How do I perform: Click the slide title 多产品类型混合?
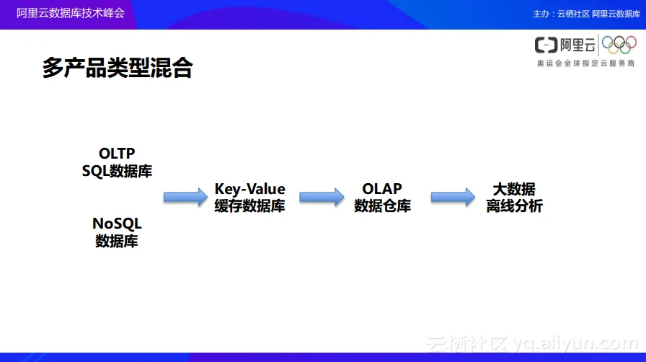(x=118, y=69)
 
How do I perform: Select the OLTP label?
(x=117, y=154)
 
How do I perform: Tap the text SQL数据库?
(x=117, y=171)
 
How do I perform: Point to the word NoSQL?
(x=117, y=224)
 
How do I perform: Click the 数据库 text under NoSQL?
(x=117, y=241)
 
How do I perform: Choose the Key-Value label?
(x=249, y=190)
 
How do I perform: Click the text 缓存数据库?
(x=249, y=206)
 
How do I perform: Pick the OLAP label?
(x=382, y=190)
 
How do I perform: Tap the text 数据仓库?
(x=382, y=206)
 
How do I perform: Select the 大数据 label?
(x=513, y=190)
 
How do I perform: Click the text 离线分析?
(x=513, y=206)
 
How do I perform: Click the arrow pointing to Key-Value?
(x=185, y=197)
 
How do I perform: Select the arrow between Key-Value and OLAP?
(x=322, y=197)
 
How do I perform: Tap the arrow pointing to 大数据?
(x=453, y=197)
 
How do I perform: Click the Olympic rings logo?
(x=619, y=46)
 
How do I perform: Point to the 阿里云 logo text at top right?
(x=567, y=46)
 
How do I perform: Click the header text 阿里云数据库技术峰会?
(x=71, y=14)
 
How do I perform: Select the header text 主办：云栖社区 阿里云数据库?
(x=585, y=14)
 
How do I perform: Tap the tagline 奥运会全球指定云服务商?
(x=585, y=64)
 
